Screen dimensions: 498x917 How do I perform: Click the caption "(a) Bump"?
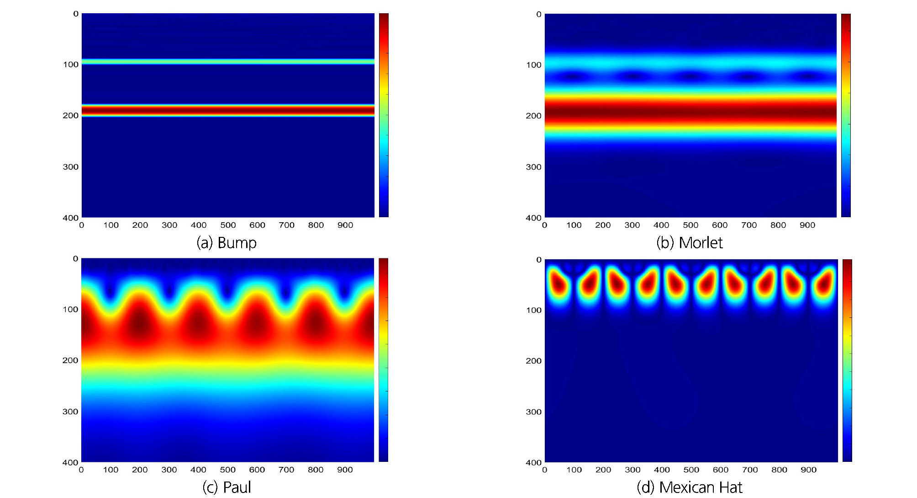tap(227, 242)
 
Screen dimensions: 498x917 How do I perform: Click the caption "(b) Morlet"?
tap(689, 242)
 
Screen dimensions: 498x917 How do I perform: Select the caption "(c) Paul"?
tap(227, 487)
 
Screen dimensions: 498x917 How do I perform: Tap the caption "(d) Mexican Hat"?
tap(689, 487)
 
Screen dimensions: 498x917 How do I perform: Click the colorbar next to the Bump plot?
tap(384, 115)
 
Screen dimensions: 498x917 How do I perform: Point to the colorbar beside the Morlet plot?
tap(846, 115)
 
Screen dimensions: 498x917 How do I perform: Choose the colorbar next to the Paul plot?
tap(383, 360)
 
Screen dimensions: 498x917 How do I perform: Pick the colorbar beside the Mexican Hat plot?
tap(847, 360)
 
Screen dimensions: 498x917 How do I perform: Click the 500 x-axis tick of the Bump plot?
tap(228, 225)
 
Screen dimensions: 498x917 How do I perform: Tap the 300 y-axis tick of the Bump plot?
tap(71, 167)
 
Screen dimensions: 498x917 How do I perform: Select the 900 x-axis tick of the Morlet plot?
tap(807, 225)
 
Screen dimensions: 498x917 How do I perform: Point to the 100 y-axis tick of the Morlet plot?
tap(533, 65)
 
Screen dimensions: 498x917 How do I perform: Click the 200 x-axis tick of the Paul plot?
tap(140, 470)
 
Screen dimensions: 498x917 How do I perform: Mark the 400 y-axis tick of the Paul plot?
tap(70, 462)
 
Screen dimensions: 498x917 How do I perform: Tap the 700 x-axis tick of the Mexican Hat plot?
tap(750, 470)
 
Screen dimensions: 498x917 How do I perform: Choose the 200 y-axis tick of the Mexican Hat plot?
tap(533, 361)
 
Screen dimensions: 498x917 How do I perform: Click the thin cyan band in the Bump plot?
tap(228, 61)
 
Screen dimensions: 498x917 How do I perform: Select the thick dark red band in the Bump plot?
tap(228, 110)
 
